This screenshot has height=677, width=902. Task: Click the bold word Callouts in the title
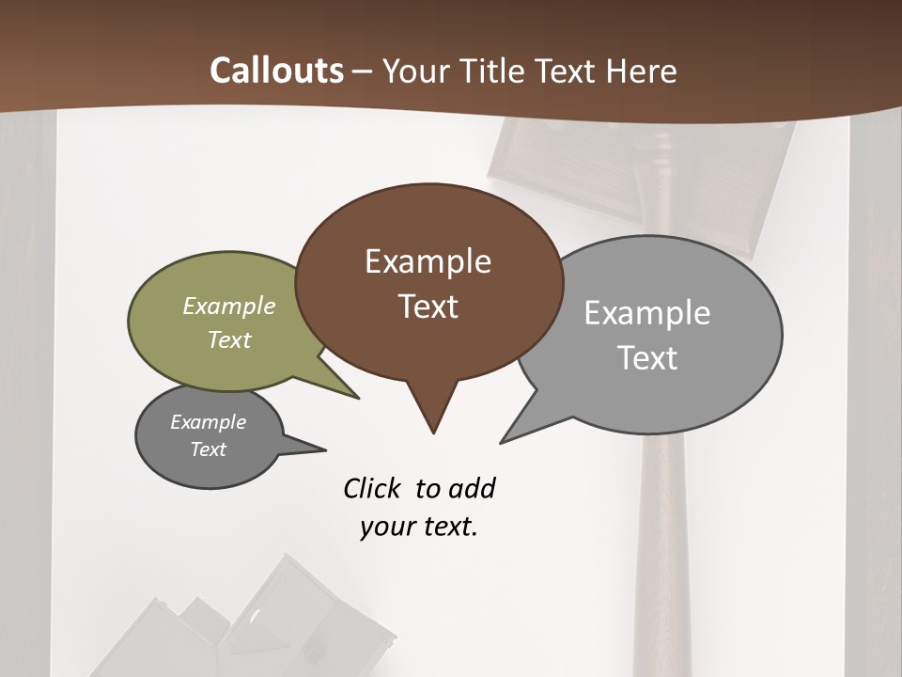click(x=276, y=71)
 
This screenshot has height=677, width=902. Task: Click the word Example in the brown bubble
click(x=428, y=261)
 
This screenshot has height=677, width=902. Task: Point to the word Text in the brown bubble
click(x=428, y=307)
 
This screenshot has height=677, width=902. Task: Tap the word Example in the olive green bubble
click(x=229, y=306)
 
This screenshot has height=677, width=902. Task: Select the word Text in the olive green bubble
click(x=229, y=339)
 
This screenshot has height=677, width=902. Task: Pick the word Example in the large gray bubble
click(x=647, y=313)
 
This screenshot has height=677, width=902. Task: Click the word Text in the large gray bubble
click(x=648, y=358)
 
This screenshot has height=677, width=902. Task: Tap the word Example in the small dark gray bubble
click(x=208, y=422)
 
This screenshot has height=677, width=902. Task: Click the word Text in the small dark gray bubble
click(x=208, y=449)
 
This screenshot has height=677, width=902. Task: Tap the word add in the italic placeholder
click(x=472, y=488)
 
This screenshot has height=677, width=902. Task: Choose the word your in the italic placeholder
click(x=386, y=527)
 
